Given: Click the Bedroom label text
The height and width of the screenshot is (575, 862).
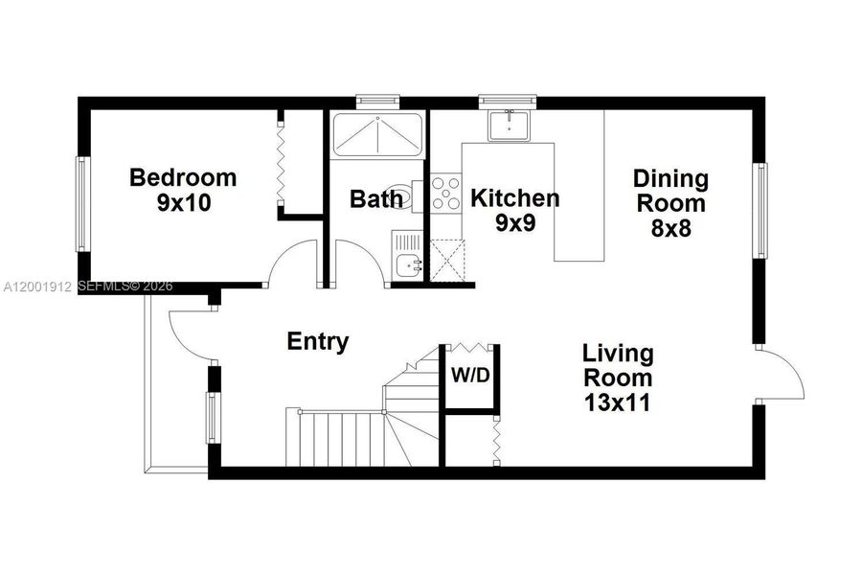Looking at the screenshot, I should point(183,177).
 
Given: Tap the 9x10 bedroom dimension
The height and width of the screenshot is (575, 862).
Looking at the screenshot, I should point(183,202).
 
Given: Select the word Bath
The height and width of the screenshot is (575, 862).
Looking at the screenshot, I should point(375,199).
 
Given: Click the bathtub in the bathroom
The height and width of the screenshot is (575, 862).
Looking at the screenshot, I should point(376,134).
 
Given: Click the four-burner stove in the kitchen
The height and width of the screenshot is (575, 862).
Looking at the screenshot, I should point(445,192).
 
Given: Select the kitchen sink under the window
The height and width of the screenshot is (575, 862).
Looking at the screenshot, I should point(509,126).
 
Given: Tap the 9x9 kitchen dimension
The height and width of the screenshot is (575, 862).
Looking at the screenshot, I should point(514,223).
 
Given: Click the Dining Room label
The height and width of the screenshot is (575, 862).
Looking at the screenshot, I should point(670,191).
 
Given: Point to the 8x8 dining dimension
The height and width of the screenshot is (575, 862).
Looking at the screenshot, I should point(670,228).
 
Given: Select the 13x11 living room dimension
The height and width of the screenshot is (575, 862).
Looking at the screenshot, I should point(618,402).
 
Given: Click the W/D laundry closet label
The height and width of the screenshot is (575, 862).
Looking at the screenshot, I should point(470,376).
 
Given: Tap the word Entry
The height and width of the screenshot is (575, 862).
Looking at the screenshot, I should point(318,342).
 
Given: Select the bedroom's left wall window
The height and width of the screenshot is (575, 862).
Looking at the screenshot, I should point(82,203).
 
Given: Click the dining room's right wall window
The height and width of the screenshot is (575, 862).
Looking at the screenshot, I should point(760,211).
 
